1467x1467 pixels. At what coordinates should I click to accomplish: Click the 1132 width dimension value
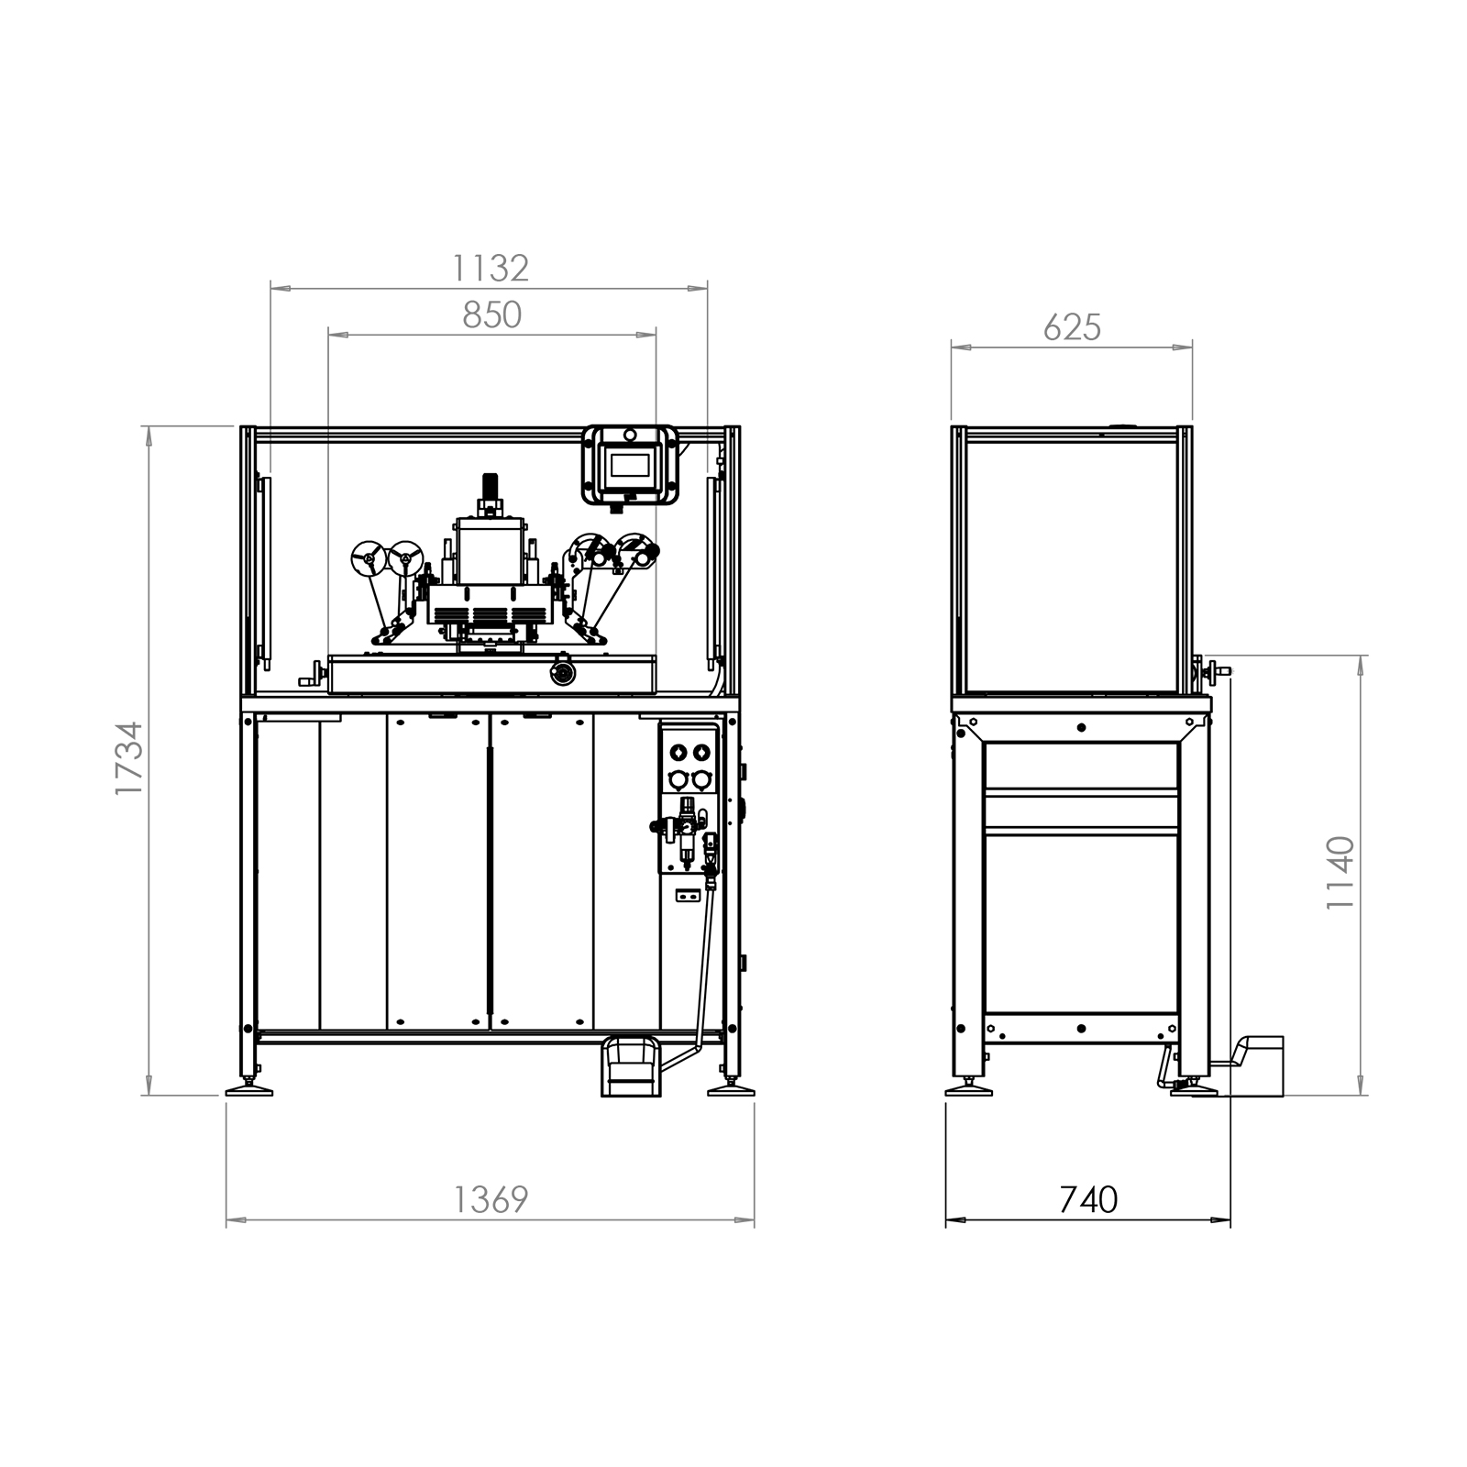(x=491, y=268)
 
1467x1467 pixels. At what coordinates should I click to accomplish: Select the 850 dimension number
(x=491, y=315)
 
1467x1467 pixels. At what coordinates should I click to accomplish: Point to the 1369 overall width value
(x=491, y=1199)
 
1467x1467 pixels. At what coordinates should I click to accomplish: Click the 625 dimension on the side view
(x=1072, y=327)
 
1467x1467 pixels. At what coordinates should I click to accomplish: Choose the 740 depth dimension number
(x=1088, y=1199)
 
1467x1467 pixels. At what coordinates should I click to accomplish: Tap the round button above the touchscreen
(x=630, y=434)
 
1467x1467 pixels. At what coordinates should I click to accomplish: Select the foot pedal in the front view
(x=630, y=1066)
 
